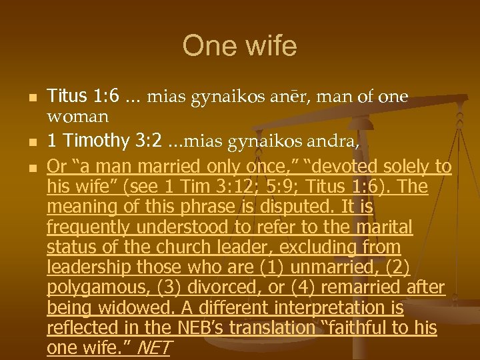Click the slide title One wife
coord(239,47)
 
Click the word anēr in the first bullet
coord(307,97)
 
